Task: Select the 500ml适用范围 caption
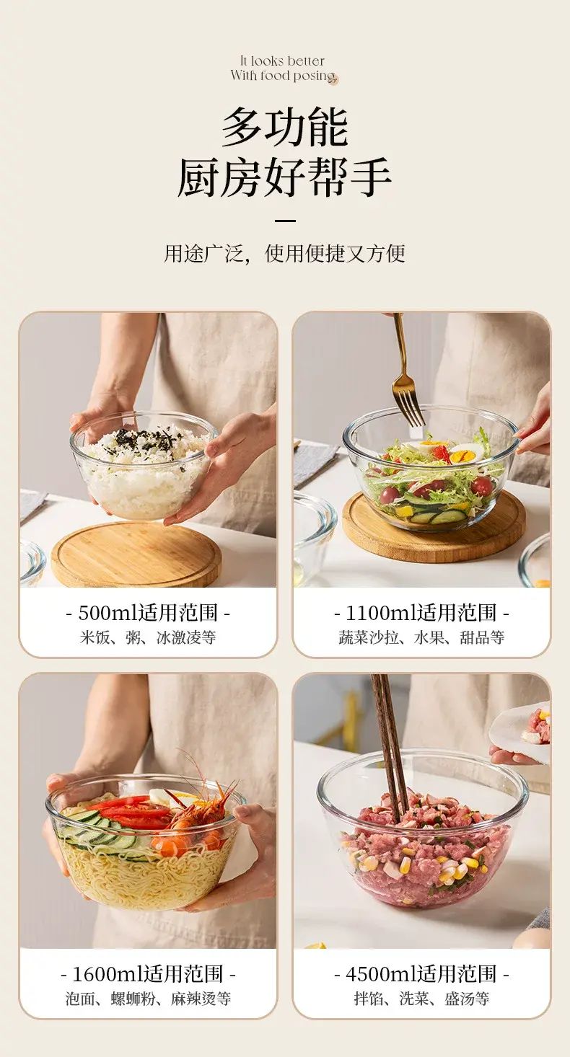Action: point(148,613)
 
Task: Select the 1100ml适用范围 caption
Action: point(421,613)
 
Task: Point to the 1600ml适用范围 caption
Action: point(148,974)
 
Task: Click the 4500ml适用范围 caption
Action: point(421,974)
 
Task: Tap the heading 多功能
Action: point(285,127)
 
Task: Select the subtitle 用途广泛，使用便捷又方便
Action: point(284,253)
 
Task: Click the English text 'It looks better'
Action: point(282,61)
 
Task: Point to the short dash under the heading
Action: point(285,221)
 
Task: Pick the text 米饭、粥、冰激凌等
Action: point(148,637)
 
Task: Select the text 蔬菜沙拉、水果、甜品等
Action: point(421,637)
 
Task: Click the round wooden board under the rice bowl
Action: point(136,554)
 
